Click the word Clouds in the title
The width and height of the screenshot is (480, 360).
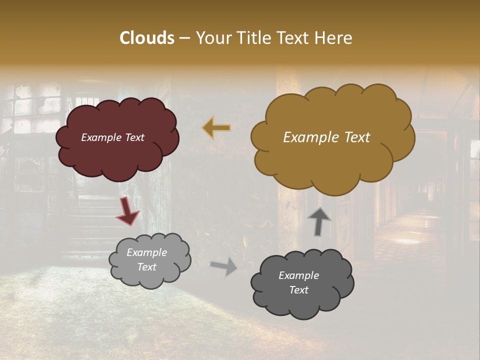pos(147,38)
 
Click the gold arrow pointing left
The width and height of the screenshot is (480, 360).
pos(216,128)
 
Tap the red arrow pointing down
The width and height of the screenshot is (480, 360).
pos(128,210)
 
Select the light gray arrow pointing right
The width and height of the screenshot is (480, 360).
pos(224,266)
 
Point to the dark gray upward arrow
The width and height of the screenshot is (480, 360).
pos(319,220)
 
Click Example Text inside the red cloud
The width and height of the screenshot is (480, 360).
pos(113,137)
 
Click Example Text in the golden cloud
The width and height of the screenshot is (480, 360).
pos(326,137)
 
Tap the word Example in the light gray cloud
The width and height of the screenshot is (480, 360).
pos(146,252)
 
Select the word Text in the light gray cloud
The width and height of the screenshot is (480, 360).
pos(146,267)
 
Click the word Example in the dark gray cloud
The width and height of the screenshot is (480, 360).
pos(298,275)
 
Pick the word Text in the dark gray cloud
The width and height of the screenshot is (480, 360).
pos(298,290)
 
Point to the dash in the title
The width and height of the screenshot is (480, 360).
pos(184,38)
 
